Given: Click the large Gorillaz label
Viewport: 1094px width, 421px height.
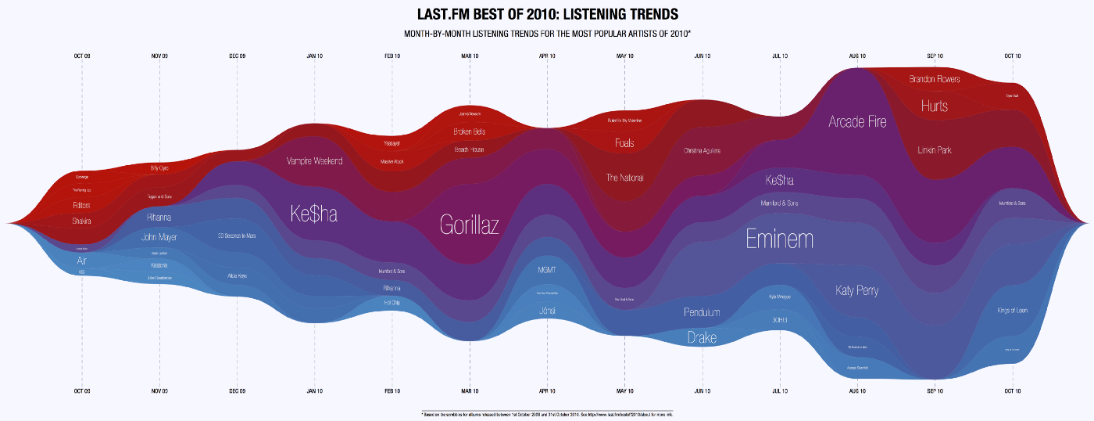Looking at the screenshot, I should point(469,225).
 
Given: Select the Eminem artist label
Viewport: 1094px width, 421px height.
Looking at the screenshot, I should point(779,239).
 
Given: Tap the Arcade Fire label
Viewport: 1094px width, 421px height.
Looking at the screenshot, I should point(857,122).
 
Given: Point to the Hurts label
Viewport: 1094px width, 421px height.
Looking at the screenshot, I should point(935,106).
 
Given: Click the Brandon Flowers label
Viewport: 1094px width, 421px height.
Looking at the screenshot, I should point(935,79).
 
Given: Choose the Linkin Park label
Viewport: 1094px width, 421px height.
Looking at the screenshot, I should point(935,149).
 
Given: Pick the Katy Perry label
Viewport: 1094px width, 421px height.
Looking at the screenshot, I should point(857,291).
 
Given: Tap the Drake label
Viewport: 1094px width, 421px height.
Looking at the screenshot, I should point(702,338).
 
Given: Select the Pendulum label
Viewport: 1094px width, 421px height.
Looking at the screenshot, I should point(702,312).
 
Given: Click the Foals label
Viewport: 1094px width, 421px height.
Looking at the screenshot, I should point(624,143).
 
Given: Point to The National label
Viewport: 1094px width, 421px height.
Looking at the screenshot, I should point(624,178).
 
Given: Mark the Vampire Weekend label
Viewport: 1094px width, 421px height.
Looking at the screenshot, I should point(315,161).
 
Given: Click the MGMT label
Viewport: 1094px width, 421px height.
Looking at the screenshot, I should point(547,270).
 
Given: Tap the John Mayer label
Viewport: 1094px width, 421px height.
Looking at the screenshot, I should point(159,236).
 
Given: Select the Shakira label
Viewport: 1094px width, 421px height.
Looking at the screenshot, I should point(82,221).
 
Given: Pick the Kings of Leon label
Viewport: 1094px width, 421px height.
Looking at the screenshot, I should point(1012,311).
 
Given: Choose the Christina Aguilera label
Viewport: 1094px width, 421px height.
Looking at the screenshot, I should point(702,150).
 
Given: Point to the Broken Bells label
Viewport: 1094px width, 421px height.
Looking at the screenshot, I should point(470,131).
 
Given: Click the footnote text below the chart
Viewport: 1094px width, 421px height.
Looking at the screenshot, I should point(546,413).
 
